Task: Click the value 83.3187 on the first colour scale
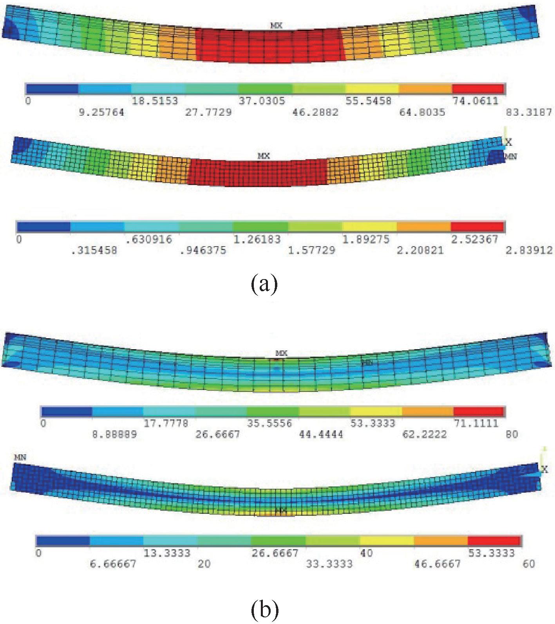(528, 112)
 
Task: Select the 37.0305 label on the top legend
(262, 101)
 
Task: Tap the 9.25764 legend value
(101, 112)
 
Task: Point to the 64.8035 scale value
(422, 112)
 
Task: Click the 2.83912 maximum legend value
(529, 250)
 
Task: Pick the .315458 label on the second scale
(94, 250)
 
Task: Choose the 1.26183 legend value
(257, 239)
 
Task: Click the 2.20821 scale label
(420, 250)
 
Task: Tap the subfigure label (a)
(264, 283)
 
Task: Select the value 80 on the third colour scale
(512, 434)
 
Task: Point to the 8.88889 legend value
(115, 434)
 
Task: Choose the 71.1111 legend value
(476, 423)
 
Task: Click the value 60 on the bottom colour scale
(529, 564)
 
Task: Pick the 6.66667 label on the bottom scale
(113, 564)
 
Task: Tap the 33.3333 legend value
(329, 564)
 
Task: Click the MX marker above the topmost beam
(277, 25)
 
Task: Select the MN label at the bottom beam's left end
(20, 457)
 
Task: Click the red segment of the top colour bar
(478, 89)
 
